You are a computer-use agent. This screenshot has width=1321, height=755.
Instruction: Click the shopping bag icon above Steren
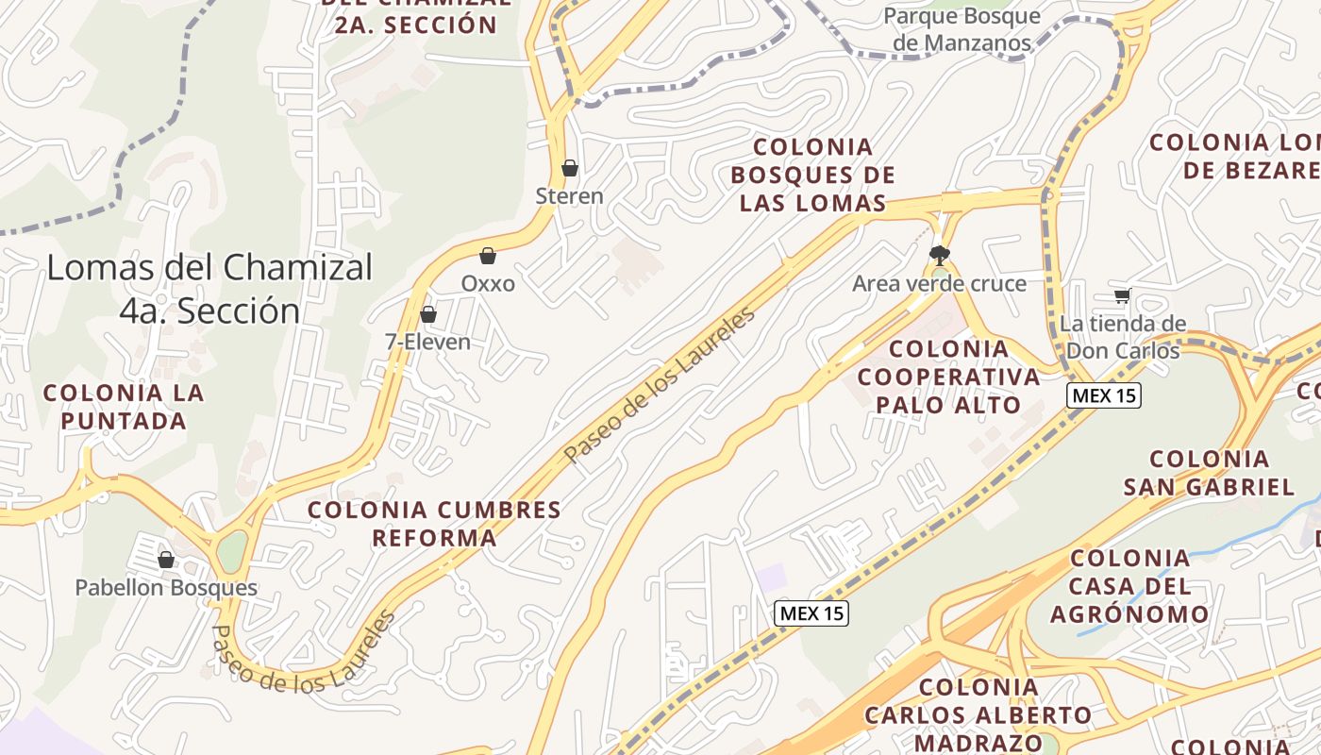[569, 169]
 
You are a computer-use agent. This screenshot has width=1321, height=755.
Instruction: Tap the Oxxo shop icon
[488, 256]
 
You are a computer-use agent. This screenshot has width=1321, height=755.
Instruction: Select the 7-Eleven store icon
[428, 314]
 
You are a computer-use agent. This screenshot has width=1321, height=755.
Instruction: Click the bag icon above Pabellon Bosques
[166, 560]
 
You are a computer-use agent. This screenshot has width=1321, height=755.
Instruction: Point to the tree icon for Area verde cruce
[939, 254]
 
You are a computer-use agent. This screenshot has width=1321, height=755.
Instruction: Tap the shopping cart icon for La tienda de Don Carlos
[1123, 296]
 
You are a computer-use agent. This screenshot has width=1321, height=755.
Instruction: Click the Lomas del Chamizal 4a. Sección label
[209, 289]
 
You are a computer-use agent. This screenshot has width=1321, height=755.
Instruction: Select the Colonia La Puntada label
[124, 406]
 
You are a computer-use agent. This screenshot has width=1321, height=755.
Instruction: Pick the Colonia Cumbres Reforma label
[434, 524]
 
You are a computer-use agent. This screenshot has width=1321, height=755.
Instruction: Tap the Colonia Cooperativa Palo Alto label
[948, 377]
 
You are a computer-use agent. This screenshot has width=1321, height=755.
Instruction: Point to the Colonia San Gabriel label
[1209, 473]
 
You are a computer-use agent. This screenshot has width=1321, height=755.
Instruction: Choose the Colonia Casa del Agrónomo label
[1129, 585]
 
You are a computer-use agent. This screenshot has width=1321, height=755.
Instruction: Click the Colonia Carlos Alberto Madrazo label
[978, 714]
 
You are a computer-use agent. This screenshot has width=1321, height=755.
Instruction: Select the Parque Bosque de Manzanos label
[961, 29]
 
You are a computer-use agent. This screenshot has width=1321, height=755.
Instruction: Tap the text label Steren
[569, 196]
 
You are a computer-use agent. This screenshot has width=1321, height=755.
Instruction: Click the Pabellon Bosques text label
[166, 588]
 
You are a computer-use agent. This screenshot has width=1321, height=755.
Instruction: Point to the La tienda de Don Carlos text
[1122, 337]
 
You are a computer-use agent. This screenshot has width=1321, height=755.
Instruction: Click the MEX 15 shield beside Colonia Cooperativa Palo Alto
[1104, 395]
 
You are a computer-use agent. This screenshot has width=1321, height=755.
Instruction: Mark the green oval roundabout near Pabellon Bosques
[231, 550]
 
